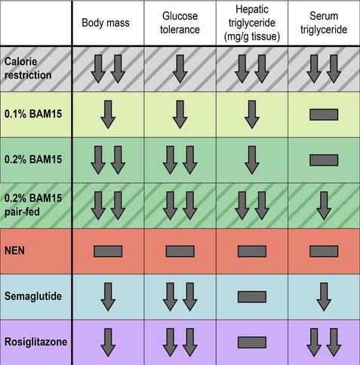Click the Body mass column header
[106, 23]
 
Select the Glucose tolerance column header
[180, 23]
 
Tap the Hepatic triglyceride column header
[252, 23]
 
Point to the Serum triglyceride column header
[324, 23]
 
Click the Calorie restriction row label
[28, 69]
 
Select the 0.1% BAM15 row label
[33, 114]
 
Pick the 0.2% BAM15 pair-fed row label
[33, 205]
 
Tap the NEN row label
[14, 251]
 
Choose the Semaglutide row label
[33, 296]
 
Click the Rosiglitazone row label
[35, 342]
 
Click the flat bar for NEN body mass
[108, 251]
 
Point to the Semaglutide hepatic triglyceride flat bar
[252, 297]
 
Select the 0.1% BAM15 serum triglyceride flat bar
[324, 115]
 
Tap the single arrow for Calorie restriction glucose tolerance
[180, 69]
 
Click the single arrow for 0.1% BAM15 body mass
[108, 115]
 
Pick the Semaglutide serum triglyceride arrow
[324, 297]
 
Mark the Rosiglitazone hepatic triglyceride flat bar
[252, 342]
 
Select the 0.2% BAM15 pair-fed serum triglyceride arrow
[324, 206]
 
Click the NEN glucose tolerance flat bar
[180, 251]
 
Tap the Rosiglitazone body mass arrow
[108, 342]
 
